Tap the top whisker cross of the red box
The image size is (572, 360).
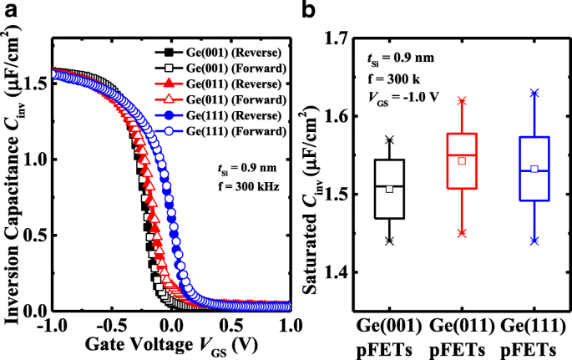point(458,100)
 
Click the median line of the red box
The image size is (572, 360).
point(458,155)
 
